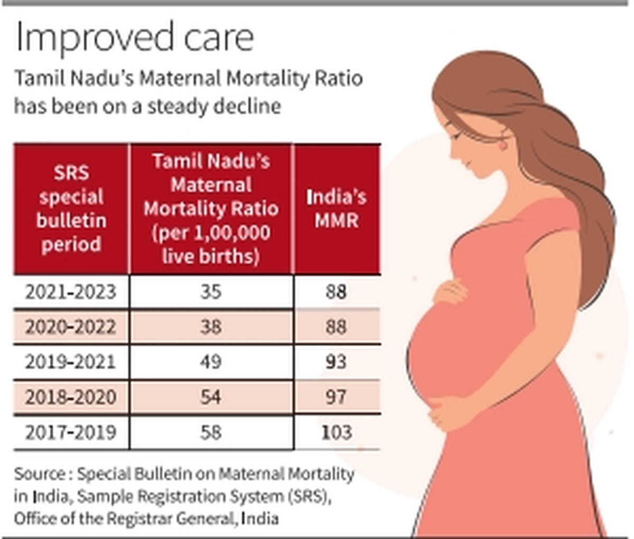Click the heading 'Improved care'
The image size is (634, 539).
pos(135,38)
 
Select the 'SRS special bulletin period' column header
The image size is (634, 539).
pos(71,209)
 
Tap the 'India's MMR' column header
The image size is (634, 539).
pos(337,209)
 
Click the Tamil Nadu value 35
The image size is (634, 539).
pos(210,292)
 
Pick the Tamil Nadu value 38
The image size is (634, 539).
pos(210,327)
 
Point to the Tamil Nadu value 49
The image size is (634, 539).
pos(210,362)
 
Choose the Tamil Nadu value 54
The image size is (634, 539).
pos(210,397)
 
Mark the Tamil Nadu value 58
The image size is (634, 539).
pos(210,432)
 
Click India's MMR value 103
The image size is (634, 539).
pos(337,432)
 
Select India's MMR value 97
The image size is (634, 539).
pos(337,397)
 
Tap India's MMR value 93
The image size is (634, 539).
pos(337,362)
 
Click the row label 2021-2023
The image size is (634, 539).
pos(71,292)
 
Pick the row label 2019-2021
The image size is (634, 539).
pos(71,362)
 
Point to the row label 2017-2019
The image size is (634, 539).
pos(71,432)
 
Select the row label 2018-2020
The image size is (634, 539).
pos(71,397)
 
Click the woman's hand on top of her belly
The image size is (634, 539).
pos(450,291)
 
